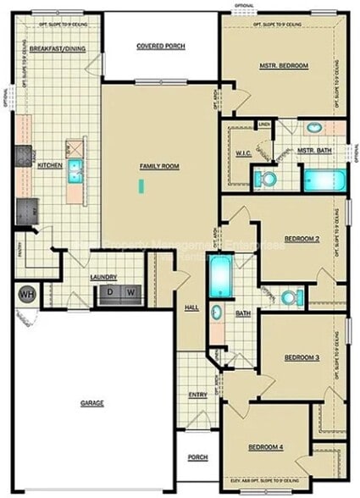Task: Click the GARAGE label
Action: pyautogui.click(x=91, y=403)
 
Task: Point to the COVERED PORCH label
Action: pyautogui.click(x=160, y=45)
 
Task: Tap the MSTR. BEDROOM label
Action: pyautogui.click(x=284, y=65)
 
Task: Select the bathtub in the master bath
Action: pyautogui.click(x=325, y=180)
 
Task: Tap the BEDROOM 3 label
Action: pyautogui.click(x=302, y=358)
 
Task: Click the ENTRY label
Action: pyautogui.click(x=198, y=396)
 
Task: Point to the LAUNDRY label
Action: pyautogui.click(x=104, y=277)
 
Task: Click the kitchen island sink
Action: pyautogui.click(x=75, y=166)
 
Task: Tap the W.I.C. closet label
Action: pyautogui.click(x=242, y=154)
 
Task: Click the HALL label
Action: pyautogui.click(x=191, y=307)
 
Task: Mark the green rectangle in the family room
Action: pyautogui.click(x=146, y=183)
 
